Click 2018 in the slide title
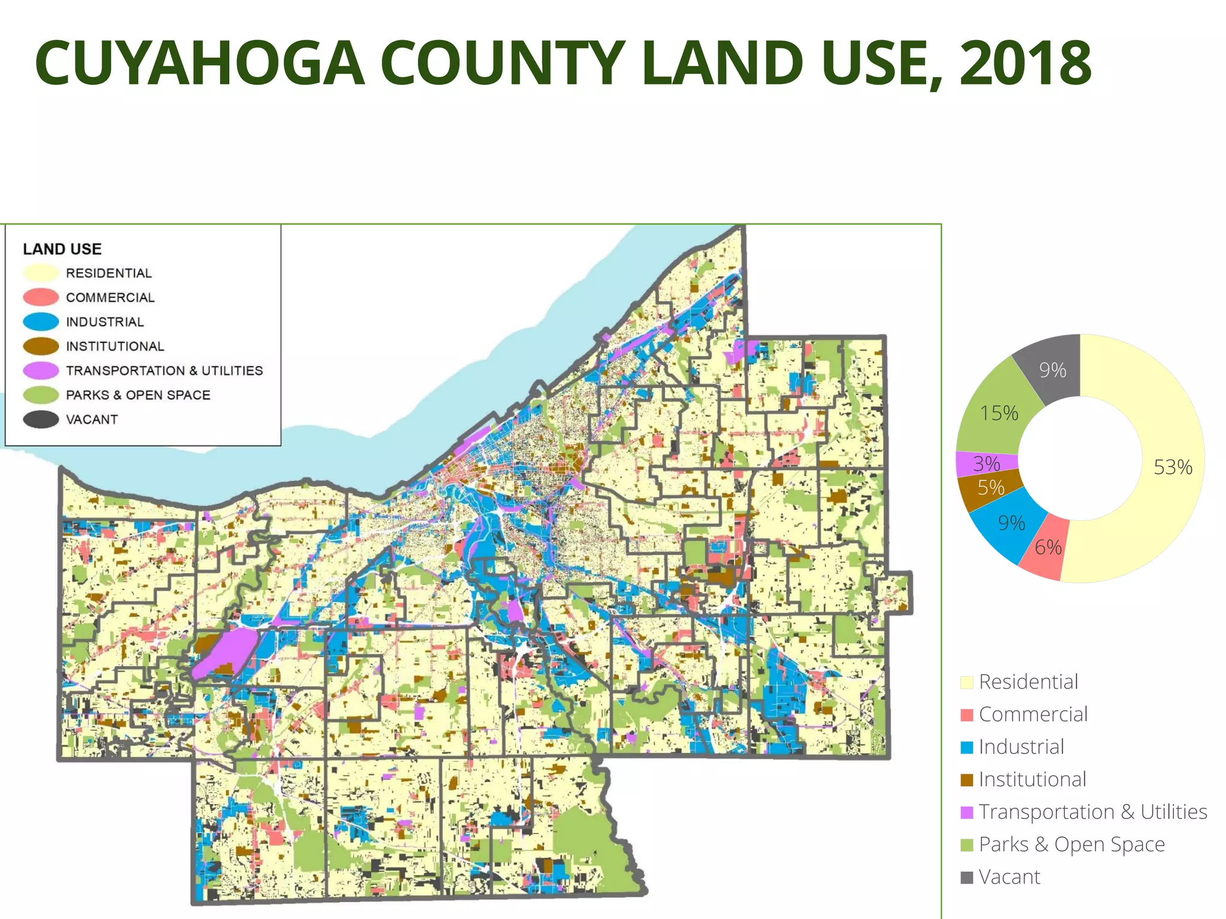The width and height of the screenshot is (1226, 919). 1025,63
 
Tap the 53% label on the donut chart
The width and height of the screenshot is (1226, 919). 1173,467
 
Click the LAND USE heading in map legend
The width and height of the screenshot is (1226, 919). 62,249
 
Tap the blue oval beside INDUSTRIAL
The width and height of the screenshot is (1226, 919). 41,322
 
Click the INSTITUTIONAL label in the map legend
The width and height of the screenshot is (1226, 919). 115,346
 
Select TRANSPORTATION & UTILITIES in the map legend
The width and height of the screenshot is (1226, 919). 164,371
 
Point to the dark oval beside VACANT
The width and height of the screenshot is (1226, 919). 41,419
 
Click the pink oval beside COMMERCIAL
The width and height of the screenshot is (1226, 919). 41,297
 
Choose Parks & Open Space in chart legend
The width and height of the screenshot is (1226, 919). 1072,844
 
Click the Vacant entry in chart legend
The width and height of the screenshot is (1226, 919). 1009,877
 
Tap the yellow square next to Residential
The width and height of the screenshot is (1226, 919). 966,683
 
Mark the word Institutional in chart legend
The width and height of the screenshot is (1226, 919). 1032,780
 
